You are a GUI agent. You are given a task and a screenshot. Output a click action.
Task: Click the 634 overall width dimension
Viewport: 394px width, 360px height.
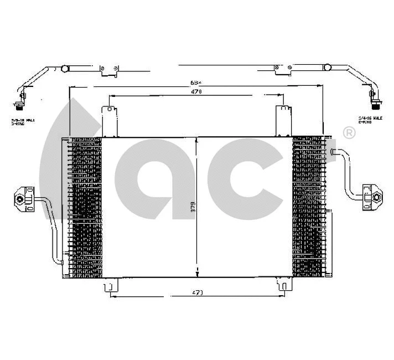click(x=195, y=83)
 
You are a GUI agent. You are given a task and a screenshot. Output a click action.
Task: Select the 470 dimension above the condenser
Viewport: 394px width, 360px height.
click(x=196, y=92)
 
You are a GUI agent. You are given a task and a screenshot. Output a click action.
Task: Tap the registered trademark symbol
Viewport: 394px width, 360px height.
click(x=349, y=132)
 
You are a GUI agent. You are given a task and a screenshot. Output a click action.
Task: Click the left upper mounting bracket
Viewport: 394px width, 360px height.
click(x=110, y=120)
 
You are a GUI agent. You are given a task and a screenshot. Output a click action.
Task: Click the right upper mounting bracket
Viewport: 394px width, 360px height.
click(x=284, y=120)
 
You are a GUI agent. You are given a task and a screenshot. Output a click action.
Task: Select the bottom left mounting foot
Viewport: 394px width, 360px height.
click(x=110, y=286)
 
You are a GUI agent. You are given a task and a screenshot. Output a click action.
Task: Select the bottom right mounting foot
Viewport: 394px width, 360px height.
click(x=283, y=286)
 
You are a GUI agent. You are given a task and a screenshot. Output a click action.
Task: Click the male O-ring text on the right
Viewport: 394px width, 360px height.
click(x=370, y=120)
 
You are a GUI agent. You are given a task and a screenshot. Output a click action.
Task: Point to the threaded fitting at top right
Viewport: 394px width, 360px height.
click(x=376, y=102)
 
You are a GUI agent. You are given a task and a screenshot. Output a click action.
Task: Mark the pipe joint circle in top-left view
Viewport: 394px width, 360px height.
click(x=64, y=69)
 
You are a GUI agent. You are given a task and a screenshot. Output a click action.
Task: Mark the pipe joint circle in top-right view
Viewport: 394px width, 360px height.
click(x=328, y=69)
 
